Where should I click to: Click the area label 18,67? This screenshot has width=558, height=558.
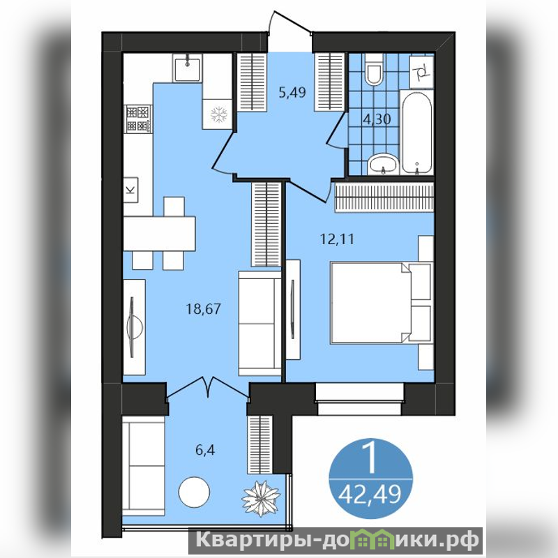click(x=203, y=308)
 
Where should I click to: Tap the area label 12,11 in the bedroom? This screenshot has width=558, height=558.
click(x=337, y=239)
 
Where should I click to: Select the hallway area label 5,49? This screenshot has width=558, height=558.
click(x=292, y=93)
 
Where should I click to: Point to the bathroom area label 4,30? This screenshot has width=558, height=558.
click(x=377, y=119)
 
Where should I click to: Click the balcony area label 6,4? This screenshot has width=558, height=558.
click(x=205, y=450)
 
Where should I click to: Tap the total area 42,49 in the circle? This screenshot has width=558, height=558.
click(x=370, y=495)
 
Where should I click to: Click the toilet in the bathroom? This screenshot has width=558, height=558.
click(x=374, y=69)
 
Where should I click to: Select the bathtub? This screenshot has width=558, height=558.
click(x=416, y=133)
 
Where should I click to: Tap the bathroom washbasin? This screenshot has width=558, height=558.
click(x=383, y=165)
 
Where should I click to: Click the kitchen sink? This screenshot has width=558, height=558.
click(x=188, y=68)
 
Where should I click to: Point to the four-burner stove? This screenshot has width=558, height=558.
click(x=138, y=119)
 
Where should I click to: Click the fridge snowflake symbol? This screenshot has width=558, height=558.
click(x=218, y=114)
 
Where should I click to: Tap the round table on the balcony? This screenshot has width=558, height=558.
click(x=194, y=492)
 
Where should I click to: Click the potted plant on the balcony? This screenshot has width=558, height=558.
click(x=261, y=499)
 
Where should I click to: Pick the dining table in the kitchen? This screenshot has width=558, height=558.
click(x=160, y=234)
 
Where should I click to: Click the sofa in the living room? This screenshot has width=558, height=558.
click(x=259, y=323)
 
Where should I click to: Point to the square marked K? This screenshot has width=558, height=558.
click(x=130, y=190)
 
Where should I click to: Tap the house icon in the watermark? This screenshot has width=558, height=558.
click(x=372, y=539)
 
